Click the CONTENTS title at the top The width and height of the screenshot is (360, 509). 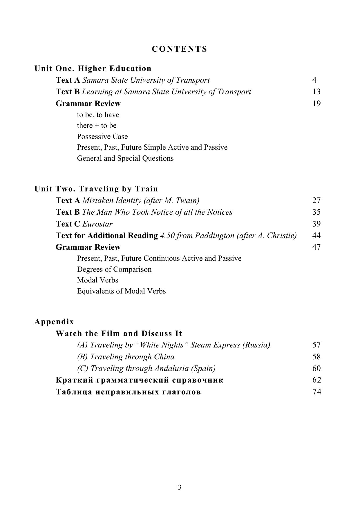coord(180,49)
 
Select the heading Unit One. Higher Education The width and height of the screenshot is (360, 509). coord(93,69)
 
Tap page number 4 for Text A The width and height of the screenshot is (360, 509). coord(314,80)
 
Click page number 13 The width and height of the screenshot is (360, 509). coord(316,92)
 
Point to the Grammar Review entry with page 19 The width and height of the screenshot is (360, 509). coord(88,104)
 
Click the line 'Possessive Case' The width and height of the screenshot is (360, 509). coord(102,137)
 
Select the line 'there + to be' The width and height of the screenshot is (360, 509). coord(97,126)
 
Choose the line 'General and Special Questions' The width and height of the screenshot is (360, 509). coord(125,158)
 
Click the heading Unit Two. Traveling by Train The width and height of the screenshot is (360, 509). coord(96,189)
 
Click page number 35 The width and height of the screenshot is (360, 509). coord(316,212)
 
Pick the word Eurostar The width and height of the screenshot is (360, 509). coord(97,224)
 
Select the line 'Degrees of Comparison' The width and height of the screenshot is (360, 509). coord(114,269)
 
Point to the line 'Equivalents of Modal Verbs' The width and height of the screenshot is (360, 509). coord(121,291)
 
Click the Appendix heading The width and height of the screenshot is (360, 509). coord(54,322)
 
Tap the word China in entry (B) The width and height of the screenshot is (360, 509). coord(164,357)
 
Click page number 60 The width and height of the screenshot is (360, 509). coord(316,368)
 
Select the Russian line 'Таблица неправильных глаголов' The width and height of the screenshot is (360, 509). coord(128,392)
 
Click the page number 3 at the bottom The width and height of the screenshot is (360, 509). coord(180,487)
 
